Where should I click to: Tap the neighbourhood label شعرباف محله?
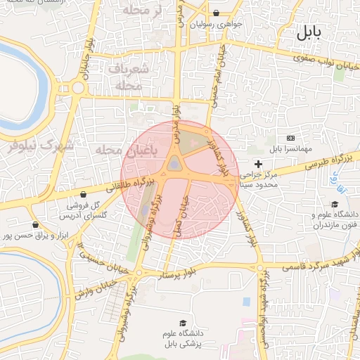click(129, 77)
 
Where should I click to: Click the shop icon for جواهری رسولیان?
click(215, 13)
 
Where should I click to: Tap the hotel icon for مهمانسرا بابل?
click(291, 138)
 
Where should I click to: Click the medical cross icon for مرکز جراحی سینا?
click(258, 164)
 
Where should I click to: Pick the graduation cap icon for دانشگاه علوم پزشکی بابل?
click(184, 323)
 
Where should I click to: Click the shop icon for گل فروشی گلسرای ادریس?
click(84, 195)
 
